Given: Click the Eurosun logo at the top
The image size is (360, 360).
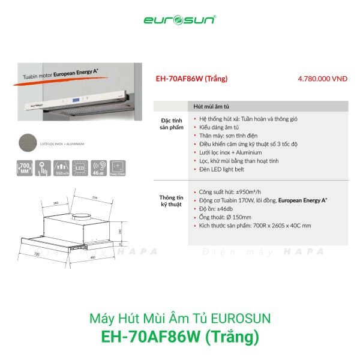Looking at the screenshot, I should [x=179, y=19].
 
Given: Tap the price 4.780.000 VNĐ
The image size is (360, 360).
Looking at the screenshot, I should [x=322, y=78].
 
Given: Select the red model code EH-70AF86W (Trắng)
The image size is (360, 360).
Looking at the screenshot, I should [x=191, y=78].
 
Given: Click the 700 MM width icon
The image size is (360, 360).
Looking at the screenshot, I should [x=26, y=168].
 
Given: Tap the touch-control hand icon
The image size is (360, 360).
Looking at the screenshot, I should [x=43, y=168].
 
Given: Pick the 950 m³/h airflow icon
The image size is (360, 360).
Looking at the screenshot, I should [x=61, y=168].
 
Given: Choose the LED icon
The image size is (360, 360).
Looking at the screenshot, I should [x=79, y=168].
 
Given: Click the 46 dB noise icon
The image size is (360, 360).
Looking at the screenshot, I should [x=97, y=168].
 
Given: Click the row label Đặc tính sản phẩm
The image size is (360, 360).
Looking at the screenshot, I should [x=170, y=124].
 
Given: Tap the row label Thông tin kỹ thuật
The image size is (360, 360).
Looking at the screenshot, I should [x=170, y=200].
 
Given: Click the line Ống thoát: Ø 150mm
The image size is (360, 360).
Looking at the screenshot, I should [x=225, y=216].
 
